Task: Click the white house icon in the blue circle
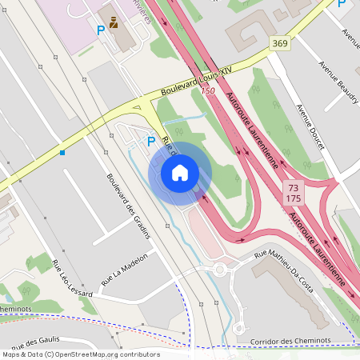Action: pyautogui.click(x=180, y=172)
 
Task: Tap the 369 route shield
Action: pyautogui.click(x=279, y=43)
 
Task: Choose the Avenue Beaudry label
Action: pyautogui.click(x=334, y=79)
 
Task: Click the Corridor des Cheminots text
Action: pyautogui.click(x=290, y=340)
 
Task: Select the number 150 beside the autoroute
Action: pyautogui.click(x=208, y=90)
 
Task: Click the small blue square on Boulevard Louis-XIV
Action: pyautogui.click(x=62, y=151)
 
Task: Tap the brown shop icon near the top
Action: pyautogui.click(x=114, y=22)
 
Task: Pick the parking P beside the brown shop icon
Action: pyautogui.click(x=101, y=30)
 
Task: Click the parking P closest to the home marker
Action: pyautogui.click(x=151, y=141)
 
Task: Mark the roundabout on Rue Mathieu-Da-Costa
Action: pyautogui.click(x=220, y=270)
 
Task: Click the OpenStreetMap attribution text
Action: pyautogui.click(x=80, y=354)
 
